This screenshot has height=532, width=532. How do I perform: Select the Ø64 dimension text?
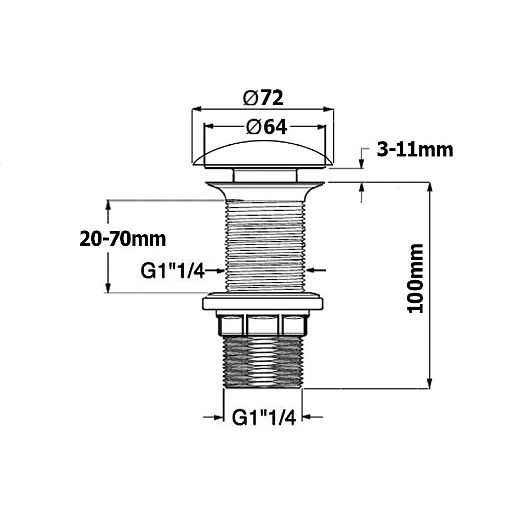(266, 127)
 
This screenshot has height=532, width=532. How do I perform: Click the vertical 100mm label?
(415, 279)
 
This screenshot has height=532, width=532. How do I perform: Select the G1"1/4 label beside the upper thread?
(172, 270)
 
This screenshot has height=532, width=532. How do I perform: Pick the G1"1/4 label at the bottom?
(264, 418)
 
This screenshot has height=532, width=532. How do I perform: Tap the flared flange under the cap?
(264, 190)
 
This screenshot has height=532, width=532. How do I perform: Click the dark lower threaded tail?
(264, 362)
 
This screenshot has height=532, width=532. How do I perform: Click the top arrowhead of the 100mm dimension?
(429, 186)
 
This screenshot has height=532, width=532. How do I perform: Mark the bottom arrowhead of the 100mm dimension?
(429, 384)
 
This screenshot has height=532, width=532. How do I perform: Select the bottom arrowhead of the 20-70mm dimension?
(109, 288)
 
